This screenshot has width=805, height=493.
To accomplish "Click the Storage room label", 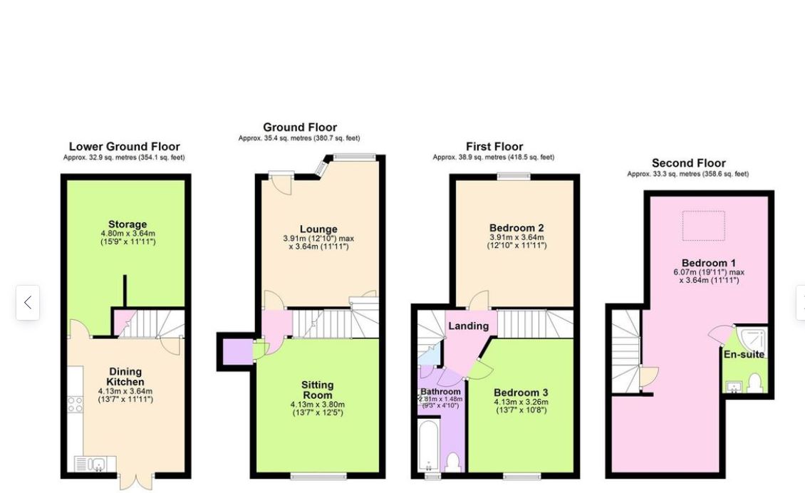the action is (x=128, y=224).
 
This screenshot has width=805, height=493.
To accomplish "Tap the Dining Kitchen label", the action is (x=125, y=376).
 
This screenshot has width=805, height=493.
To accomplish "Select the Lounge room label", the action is (x=318, y=229).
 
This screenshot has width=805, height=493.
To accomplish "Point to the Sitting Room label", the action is (x=317, y=390).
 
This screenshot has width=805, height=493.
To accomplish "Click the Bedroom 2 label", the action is (x=516, y=228).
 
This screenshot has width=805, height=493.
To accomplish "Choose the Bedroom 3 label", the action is (x=521, y=393).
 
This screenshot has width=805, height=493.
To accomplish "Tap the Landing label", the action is (x=468, y=326).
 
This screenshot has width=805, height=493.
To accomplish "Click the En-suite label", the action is (x=744, y=354).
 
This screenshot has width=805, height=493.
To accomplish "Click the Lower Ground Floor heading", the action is (x=124, y=147).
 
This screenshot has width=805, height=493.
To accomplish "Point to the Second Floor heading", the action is (x=688, y=163).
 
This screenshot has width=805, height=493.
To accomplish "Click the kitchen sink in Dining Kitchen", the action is (x=95, y=465).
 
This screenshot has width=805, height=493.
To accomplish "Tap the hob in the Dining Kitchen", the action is (x=75, y=404).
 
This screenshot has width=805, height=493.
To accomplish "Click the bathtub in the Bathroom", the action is (x=428, y=445).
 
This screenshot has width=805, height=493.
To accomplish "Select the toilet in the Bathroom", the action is (x=452, y=462).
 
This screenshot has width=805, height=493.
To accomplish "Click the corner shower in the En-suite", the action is (x=753, y=340).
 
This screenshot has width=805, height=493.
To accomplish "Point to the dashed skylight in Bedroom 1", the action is (x=703, y=225).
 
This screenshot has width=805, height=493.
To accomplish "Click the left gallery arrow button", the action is (x=28, y=303).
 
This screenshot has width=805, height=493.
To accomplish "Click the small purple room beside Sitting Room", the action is (x=237, y=351).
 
